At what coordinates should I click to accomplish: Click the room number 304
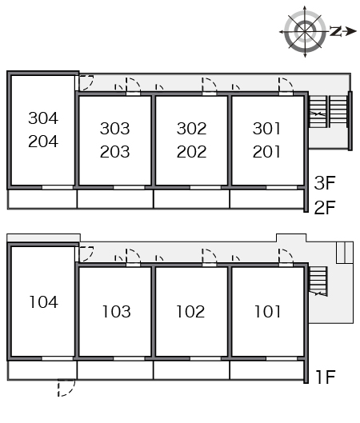[43, 118]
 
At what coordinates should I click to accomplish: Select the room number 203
[115, 152]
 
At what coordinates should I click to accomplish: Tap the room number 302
[192, 129]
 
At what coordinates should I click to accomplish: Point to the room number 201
[266, 152]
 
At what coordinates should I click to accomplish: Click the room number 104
[43, 302]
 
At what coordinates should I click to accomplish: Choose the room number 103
[117, 312]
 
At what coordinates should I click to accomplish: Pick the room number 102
[190, 312]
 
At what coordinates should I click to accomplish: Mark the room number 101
[267, 312]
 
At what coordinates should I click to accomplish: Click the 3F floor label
[325, 183]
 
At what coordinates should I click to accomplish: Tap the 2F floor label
[325, 207]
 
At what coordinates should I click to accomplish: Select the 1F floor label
[326, 377]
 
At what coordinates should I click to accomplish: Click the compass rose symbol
[305, 31]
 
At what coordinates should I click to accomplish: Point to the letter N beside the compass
[336, 31]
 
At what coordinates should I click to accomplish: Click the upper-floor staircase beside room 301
[328, 111]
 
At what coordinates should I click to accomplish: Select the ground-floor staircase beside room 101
[318, 281]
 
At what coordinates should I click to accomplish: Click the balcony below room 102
[191, 370]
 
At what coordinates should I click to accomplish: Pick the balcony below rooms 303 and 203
[115, 199]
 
